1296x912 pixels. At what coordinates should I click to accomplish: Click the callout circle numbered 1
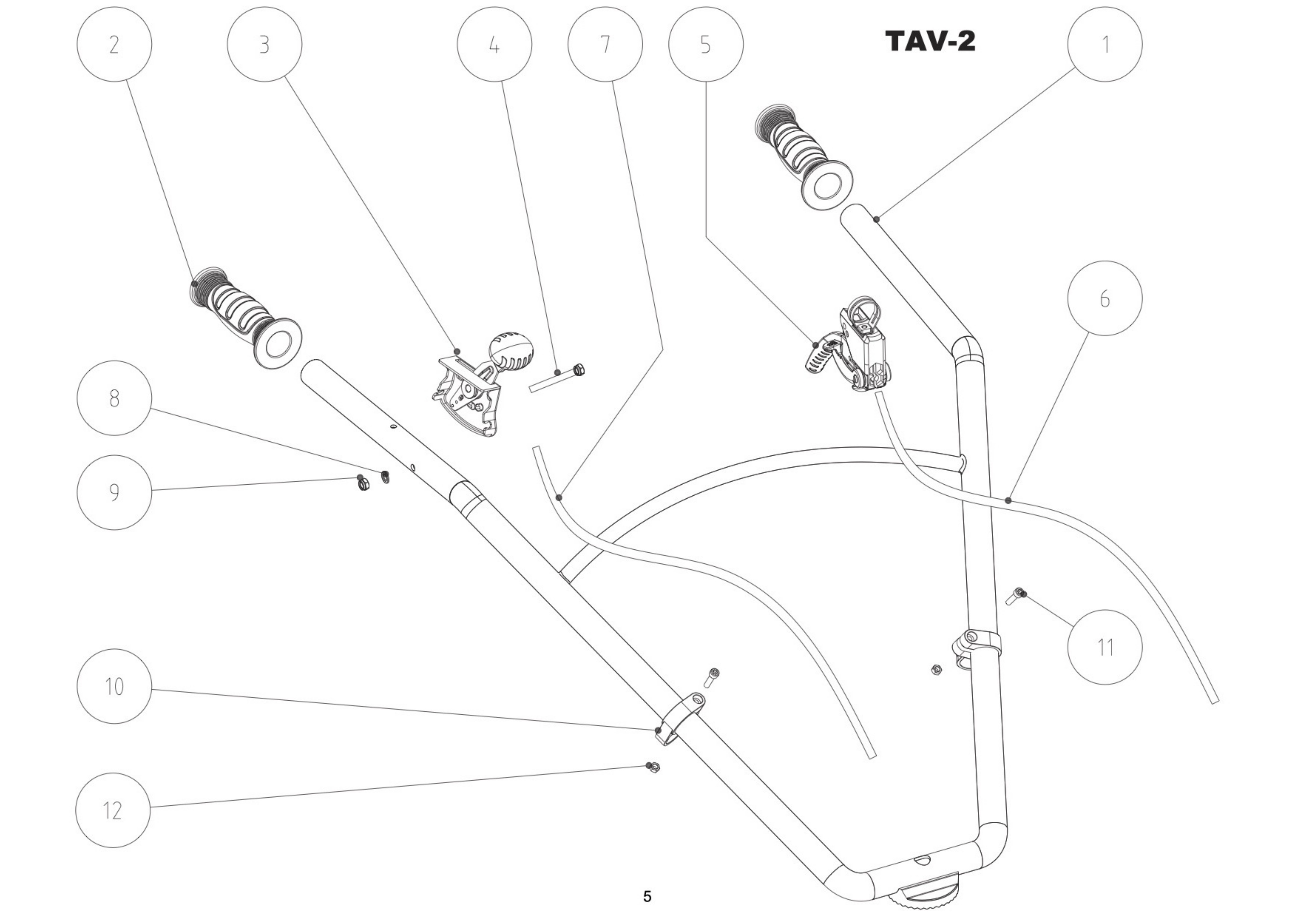(1105, 44)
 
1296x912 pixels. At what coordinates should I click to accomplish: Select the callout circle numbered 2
(114, 44)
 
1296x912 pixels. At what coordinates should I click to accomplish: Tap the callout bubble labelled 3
(264, 44)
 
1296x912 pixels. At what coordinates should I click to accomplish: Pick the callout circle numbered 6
(1105, 298)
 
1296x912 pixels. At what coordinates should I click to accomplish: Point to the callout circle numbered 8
(114, 398)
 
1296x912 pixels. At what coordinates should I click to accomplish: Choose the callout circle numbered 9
(114, 492)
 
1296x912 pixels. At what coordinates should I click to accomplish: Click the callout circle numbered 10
(114, 686)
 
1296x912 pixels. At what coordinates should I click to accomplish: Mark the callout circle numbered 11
(1105, 647)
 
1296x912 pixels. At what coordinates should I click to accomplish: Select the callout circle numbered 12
(113, 810)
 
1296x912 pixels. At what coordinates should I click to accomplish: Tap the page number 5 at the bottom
(647, 896)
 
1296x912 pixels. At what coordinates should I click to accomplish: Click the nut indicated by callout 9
(363, 484)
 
